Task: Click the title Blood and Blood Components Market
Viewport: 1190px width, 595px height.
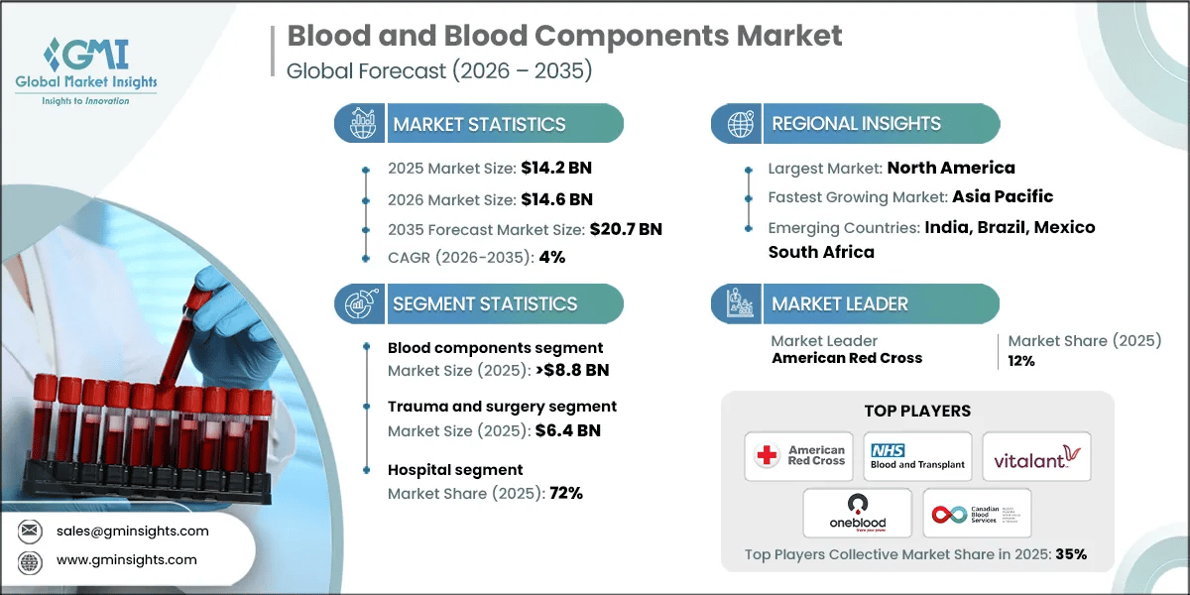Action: (564, 37)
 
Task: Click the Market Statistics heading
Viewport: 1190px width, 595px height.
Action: (479, 124)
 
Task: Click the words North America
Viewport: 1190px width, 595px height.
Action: (950, 168)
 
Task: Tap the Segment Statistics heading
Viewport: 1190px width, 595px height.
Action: (484, 304)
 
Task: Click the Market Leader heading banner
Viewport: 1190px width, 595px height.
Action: (854, 304)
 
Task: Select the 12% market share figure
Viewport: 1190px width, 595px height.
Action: (1021, 361)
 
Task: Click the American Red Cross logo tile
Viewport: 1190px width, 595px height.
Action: (801, 456)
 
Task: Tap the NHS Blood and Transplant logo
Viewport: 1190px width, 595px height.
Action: (916, 456)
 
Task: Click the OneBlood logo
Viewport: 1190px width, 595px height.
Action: (857, 513)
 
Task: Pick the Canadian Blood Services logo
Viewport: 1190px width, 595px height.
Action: (976, 513)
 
